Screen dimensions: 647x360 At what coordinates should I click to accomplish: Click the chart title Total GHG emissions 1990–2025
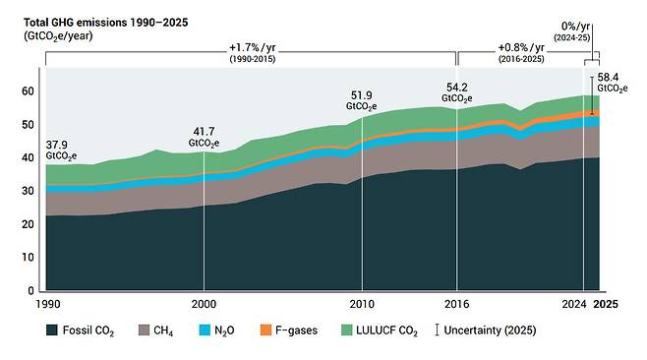[105, 23]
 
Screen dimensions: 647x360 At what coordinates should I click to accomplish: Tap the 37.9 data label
[56, 145]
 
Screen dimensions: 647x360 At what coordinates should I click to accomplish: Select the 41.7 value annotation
[204, 132]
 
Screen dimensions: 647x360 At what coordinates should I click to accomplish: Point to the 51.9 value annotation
[362, 95]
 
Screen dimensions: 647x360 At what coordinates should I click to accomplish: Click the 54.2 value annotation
[457, 88]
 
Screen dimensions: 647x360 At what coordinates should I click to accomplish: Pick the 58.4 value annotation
[608, 78]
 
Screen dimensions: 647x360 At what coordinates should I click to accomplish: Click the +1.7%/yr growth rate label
[252, 48]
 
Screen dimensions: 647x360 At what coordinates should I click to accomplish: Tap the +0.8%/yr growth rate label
[521, 48]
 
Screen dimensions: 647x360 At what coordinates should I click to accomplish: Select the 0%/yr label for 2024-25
[575, 27]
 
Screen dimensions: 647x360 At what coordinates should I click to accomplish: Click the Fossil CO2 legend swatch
[51, 330]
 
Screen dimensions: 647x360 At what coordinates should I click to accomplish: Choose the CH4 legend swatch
[144, 330]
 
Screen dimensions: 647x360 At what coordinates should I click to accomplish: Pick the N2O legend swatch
[205, 330]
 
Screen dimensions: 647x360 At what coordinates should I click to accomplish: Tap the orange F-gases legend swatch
[265, 330]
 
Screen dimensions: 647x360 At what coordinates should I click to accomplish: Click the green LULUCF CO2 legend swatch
[347, 330]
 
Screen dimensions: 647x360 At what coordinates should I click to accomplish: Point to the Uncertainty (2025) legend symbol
[437, 330]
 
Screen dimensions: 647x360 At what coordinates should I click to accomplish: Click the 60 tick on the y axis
[28, 91]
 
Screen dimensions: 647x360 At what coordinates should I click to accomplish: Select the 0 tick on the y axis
[30, 290]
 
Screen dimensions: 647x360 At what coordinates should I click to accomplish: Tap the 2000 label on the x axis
[204, 304]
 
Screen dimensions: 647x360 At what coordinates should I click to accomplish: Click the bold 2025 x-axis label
[606, 304]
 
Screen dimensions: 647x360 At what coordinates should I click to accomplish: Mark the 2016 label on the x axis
[457, 304]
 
